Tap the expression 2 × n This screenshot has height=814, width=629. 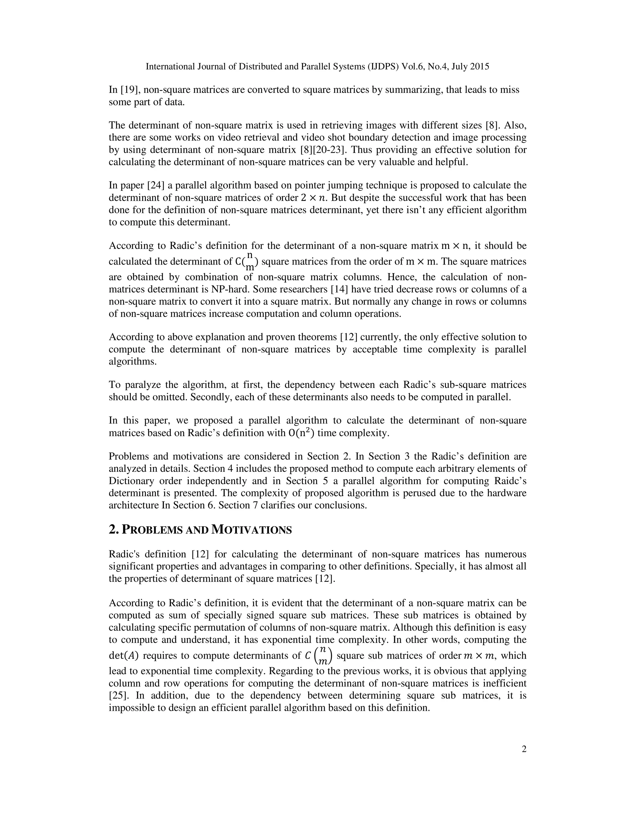tap(312, 198)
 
